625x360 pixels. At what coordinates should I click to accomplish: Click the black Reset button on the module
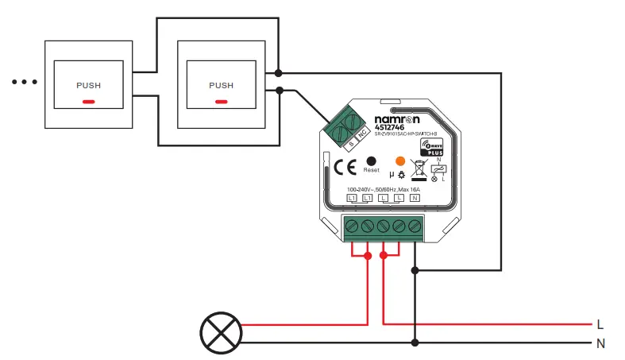coord(371,161)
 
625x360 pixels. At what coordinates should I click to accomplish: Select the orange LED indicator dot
coord(400,161)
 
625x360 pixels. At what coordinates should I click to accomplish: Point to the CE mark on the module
coord(344,167)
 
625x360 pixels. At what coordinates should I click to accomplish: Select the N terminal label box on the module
coord(414,197)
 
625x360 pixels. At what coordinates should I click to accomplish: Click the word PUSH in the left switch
coord(88,85)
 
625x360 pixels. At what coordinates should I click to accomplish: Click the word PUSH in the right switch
coord(221,85)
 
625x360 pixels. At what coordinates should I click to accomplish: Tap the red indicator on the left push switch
coord(88,101)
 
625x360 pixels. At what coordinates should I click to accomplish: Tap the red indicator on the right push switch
coord(221,101)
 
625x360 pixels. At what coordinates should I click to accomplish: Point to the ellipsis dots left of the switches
coord(25,82)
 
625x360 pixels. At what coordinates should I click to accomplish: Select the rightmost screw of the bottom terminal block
coord(414,226)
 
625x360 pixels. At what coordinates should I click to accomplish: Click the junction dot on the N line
coord(415,343)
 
